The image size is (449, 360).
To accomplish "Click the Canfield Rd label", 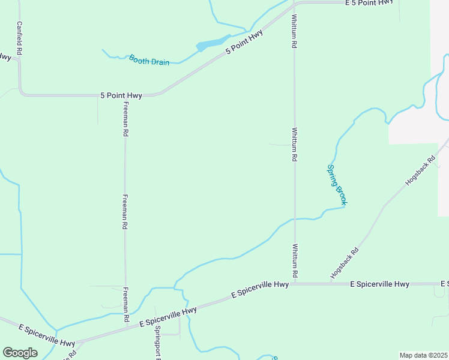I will [19, 39].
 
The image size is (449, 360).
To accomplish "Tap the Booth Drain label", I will [149, 60].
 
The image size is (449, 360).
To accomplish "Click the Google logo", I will [20, 353].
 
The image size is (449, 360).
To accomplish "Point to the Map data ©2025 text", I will [424, 355].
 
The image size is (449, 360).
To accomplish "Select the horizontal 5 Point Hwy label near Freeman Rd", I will [121, 95].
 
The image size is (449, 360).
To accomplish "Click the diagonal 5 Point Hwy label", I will [244, 43].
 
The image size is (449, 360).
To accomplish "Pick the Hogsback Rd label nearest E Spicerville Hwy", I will [345, 263].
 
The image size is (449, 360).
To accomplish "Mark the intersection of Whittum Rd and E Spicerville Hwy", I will [294, 284].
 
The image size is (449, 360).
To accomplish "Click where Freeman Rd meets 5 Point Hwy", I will [125, 95].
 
